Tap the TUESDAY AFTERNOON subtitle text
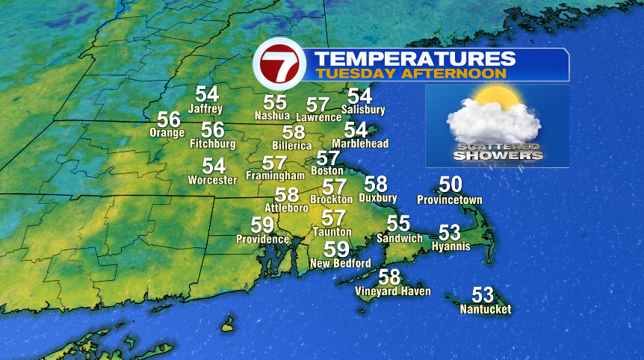pos(411,74)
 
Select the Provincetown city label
pos(450,200)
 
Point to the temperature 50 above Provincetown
pos(451,184)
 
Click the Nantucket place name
pos(486,309)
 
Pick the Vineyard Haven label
pos(393,291)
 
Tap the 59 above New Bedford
pos(337,249)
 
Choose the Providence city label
pos(262,239)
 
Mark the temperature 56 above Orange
pos(169,120)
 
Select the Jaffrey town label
pos(205,109)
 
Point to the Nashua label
pos(273,116)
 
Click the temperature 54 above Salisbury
pos(359,96)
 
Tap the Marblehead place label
pos(360,143)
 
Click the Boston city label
pos(327,171)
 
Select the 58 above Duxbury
pos(376,184)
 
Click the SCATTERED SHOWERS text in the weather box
pos(496,151)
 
